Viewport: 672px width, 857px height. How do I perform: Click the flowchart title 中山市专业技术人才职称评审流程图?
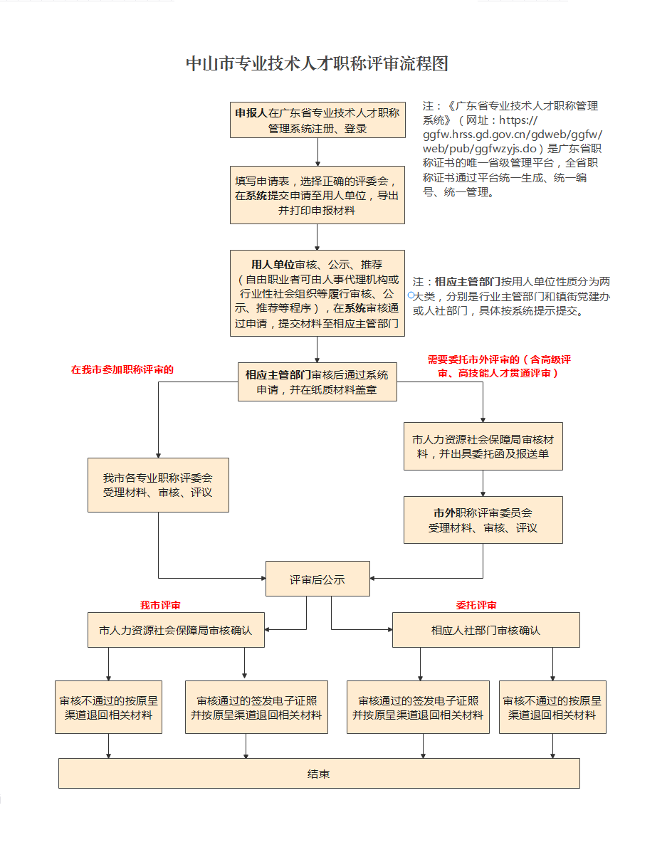(317, 64)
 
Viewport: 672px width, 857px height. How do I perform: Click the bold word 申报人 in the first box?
(251, 112)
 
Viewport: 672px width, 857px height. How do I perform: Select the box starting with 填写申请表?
(317, 195)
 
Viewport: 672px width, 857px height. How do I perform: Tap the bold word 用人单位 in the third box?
(272, 264)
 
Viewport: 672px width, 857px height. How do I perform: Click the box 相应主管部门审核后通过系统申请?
(317, 382)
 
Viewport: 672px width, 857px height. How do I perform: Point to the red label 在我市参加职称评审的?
(122, 369)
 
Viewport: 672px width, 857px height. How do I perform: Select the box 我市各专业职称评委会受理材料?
(158, 485)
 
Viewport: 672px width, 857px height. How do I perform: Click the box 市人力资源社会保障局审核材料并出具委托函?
(483, 446)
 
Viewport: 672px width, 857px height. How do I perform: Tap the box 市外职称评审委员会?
(483, 520)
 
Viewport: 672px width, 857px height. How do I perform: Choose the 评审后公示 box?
(317, 579)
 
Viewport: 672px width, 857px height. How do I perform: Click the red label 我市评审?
(160, 605)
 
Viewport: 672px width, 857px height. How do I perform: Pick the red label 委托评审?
(476, 605)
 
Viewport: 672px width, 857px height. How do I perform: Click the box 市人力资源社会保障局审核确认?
(176, 630)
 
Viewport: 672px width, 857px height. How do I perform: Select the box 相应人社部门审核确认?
(486, 630)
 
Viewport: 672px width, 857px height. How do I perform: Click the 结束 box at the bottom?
(319, 774)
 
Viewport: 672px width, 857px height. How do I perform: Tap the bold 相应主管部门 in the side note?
(468, 281)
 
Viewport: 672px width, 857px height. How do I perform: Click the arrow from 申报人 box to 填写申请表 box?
(317, 152)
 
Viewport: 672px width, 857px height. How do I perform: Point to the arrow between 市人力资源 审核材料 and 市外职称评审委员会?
(483, 483)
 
